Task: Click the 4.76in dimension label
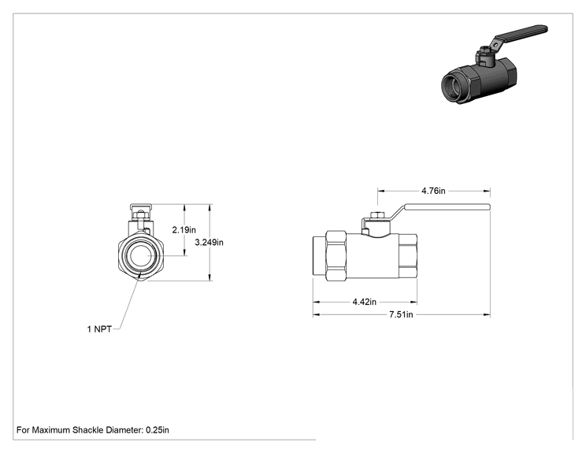tap(433, 191)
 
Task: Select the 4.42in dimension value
tap(365, 302)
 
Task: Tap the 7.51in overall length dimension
tap(401, 314)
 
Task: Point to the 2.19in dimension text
tap(184, 230)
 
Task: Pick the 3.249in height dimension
tap(210, 242)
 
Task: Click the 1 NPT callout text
tap(99, 329)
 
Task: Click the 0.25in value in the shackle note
tap(158, 430)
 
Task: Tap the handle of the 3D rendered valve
tap(521, 34)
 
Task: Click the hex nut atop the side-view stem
tap(377, 215)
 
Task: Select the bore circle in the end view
tap(140, 256)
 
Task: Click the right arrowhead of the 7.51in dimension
tap(487, 314)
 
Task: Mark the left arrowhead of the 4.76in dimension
tap(381, 191)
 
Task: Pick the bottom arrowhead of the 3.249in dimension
tap(210, 277)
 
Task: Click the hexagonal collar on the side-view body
tap(336, 256)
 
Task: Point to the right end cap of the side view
tap(408, 256)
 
